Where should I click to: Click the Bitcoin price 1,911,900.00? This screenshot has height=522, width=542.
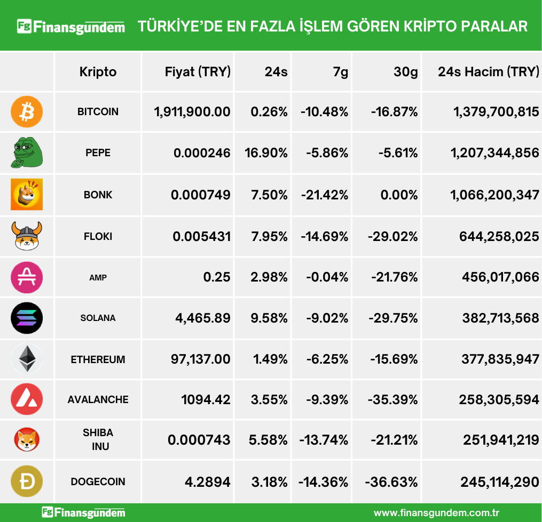[192, 112]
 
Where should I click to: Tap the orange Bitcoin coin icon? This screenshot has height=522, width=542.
[27, 112]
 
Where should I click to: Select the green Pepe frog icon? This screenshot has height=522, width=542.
[27, 152]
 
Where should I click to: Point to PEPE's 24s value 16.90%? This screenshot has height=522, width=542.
[266, 153]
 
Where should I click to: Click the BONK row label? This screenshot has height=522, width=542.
[98, 195]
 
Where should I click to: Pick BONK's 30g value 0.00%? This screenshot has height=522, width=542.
[399, 195]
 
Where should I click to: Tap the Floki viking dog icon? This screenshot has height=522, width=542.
[27, 236]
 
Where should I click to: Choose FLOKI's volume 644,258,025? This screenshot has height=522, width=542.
[499, 236]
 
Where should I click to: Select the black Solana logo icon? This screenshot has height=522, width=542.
[27, 318]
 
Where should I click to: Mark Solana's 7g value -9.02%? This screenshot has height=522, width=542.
[327, 318]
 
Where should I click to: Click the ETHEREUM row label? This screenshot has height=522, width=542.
[98, 359]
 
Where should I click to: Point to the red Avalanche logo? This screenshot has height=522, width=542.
[27, 399]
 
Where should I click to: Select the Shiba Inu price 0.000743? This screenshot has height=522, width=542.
[199, 440]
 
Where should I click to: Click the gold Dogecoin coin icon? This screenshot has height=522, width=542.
[27, 481]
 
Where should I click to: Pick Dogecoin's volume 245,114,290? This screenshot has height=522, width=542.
[499, 482]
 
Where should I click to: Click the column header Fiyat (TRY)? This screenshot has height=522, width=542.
[198, 71]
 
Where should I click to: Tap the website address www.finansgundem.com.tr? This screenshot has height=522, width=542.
[436, 513]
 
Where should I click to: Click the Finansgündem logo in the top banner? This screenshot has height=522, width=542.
[70, 26]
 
